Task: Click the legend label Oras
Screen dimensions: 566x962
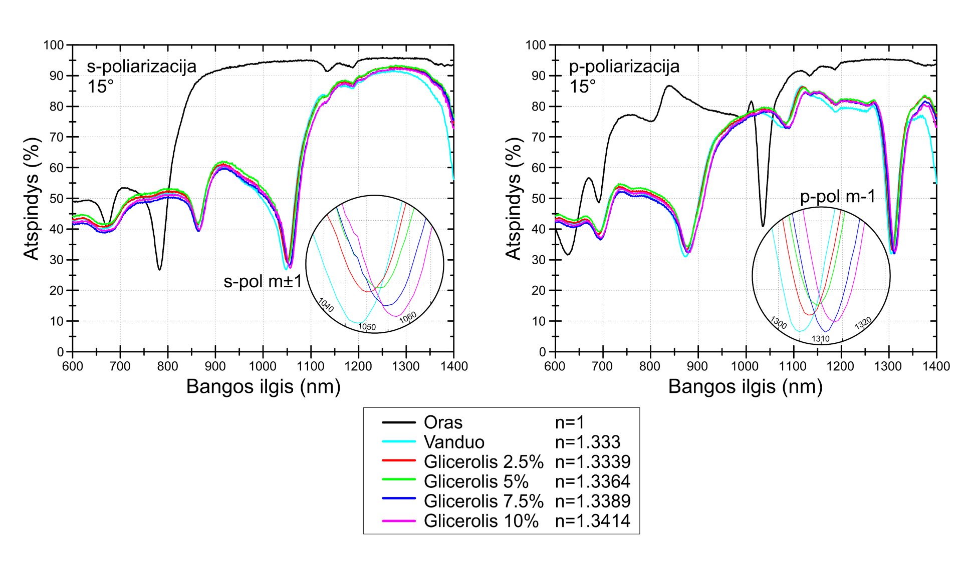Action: [x=443, y=422]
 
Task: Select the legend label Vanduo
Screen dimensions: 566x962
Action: [x=454, y=442]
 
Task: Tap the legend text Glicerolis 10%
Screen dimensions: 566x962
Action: [x=481, y=520]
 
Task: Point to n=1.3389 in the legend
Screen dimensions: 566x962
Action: [x=592, y=501]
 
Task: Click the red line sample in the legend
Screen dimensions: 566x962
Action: [x=398, y=461]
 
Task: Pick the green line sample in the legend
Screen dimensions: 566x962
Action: [x=398, y=480]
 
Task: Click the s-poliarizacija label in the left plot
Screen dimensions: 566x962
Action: [x=142, y=67]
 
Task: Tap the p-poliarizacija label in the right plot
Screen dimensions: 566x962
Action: [x=624, y=67]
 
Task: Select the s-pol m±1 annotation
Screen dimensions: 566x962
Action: [x=263, y=282]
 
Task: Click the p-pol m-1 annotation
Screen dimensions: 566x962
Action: [x=838, y=197]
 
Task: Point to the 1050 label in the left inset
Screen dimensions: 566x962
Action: [x=367, y=327]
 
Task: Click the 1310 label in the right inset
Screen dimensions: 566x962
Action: [x=821, y=339]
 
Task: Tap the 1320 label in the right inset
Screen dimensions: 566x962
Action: [x=863, y=323]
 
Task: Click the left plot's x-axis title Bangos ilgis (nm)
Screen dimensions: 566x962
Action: [x=263, y=386]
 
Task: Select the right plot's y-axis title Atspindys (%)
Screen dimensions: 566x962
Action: [x=513, y=198]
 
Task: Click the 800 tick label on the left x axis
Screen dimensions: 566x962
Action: [x=168, y=366]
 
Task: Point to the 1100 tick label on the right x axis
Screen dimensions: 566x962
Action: [x=793, y=366]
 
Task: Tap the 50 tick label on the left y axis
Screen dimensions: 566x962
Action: [x=57, y=199]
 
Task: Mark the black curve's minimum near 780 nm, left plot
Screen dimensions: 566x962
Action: [x=159, y=269]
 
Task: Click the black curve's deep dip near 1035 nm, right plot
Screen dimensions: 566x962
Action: [x=763, y=226]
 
